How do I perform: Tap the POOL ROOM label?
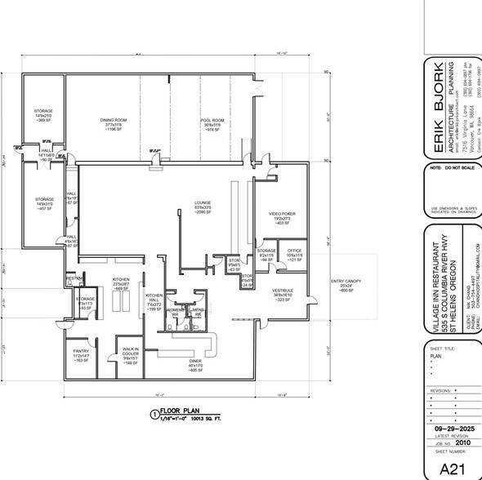coord(212,120)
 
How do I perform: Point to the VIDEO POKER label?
coord(281,214)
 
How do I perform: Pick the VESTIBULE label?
coord(283,291)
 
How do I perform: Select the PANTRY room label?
coord(80,351)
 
